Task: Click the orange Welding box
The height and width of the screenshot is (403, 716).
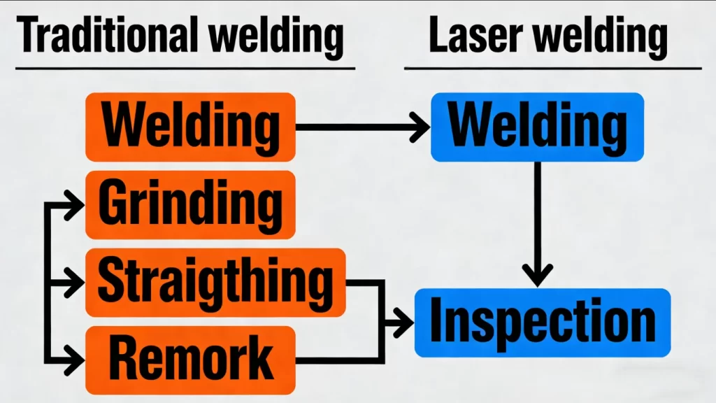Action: point(190,127)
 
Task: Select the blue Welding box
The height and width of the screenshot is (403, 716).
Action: point(537,127)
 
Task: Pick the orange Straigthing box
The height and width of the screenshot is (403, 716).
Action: point(215,282)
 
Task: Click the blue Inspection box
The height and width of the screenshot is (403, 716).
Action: point(543,323)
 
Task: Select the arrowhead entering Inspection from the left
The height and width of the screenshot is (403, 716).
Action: point(404,323)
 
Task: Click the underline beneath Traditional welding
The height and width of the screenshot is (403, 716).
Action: point(185,69)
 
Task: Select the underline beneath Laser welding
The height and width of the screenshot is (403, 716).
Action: point(552,69)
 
